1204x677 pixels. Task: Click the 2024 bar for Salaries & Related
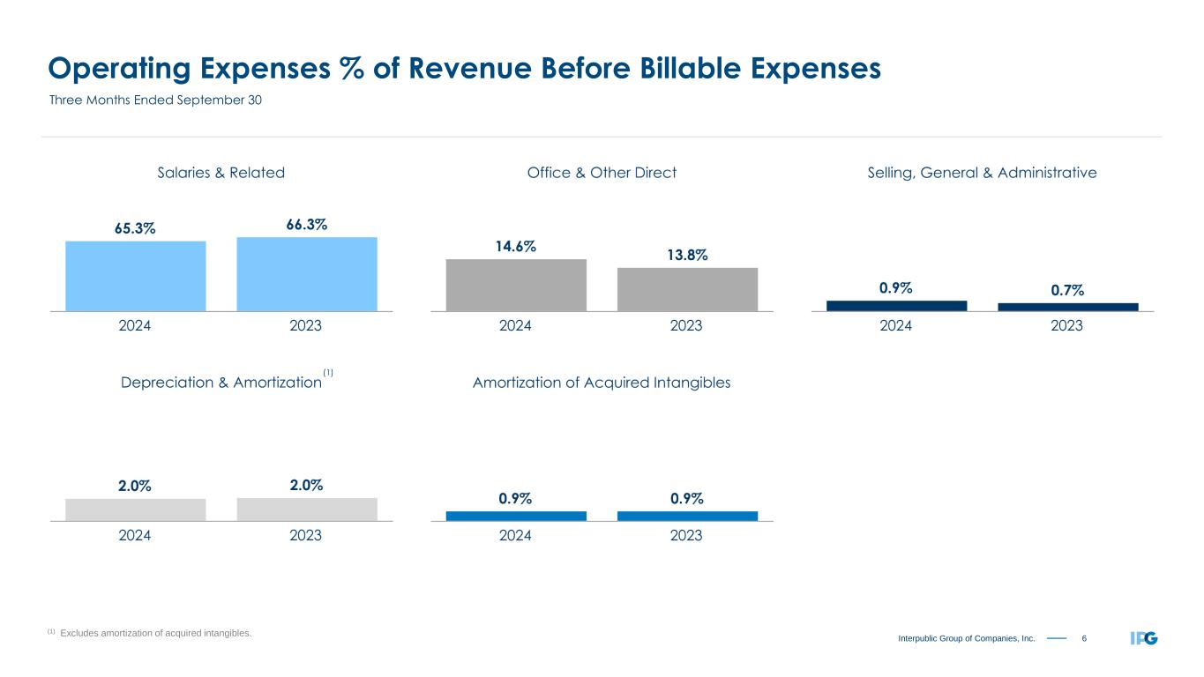pos(135,276)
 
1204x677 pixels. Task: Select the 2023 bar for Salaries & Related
pos(307,274)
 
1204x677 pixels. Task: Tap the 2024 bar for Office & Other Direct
pos(516,285)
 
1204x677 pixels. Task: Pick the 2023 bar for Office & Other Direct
pos(687,289)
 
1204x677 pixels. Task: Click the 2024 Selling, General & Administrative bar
pos(896,306)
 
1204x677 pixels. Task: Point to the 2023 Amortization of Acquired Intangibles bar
pos(687,516)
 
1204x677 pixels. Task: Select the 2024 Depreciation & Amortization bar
pos(135,510)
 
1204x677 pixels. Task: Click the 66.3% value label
pos(307,225)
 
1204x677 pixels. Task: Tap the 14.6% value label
pos(516,247)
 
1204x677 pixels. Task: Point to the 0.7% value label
pos(1067,290)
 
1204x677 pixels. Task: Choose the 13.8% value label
pos(687,255)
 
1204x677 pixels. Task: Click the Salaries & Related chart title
pos(221,173)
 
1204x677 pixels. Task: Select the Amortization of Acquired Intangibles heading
pos(602,383)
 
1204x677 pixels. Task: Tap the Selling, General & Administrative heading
pos(982,173)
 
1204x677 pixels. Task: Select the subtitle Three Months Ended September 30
pos(155,100)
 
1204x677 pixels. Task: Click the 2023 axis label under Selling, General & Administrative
pos(1067,326)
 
